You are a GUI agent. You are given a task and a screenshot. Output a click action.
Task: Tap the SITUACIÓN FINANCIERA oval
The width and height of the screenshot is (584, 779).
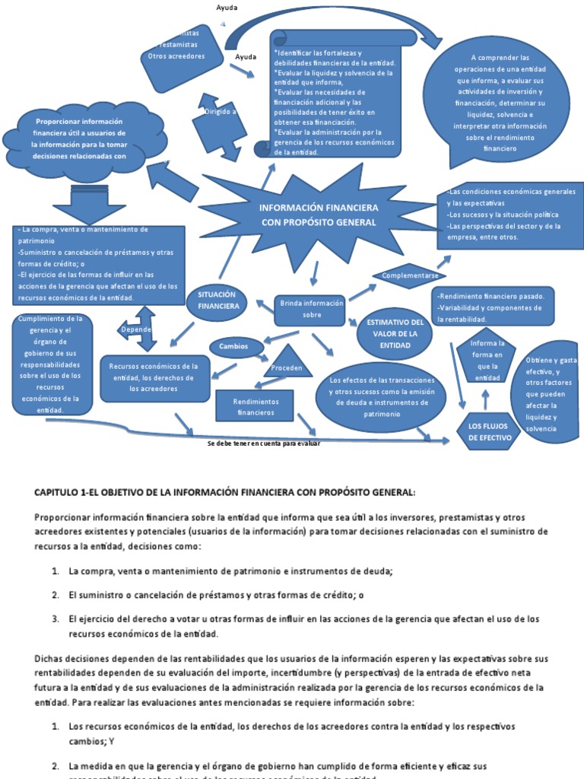click(217, 300)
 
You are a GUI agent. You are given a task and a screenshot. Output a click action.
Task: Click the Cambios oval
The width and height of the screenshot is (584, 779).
click(233, 346)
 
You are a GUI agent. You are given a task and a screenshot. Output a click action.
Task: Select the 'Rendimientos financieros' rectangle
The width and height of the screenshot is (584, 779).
click(255, 406)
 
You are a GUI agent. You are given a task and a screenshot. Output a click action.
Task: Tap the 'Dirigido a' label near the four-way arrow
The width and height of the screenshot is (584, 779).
click(221, 111)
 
